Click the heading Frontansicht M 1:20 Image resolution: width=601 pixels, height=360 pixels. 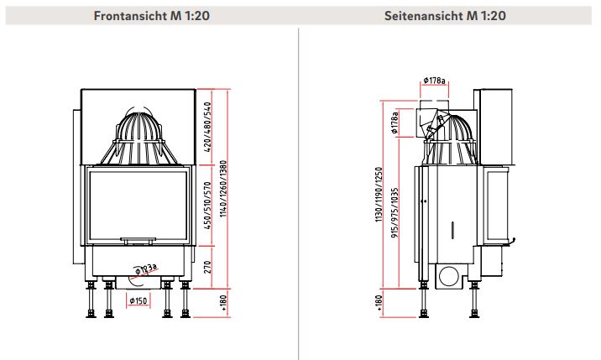(151, 16)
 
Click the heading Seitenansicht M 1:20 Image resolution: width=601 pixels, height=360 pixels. (445, 16)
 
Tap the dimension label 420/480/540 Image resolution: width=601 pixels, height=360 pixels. (207, 127)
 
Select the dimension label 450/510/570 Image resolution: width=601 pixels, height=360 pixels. (207, 206)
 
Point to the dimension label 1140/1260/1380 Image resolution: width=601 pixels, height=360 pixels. (223, 189)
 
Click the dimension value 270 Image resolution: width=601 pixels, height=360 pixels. (207, 267)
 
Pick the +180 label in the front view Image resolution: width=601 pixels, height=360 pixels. (224, 302)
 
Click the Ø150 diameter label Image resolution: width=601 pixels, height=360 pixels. (138, 300)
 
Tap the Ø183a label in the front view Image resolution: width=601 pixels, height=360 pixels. (146, 269)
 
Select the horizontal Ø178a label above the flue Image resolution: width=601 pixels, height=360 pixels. (434, 81)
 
